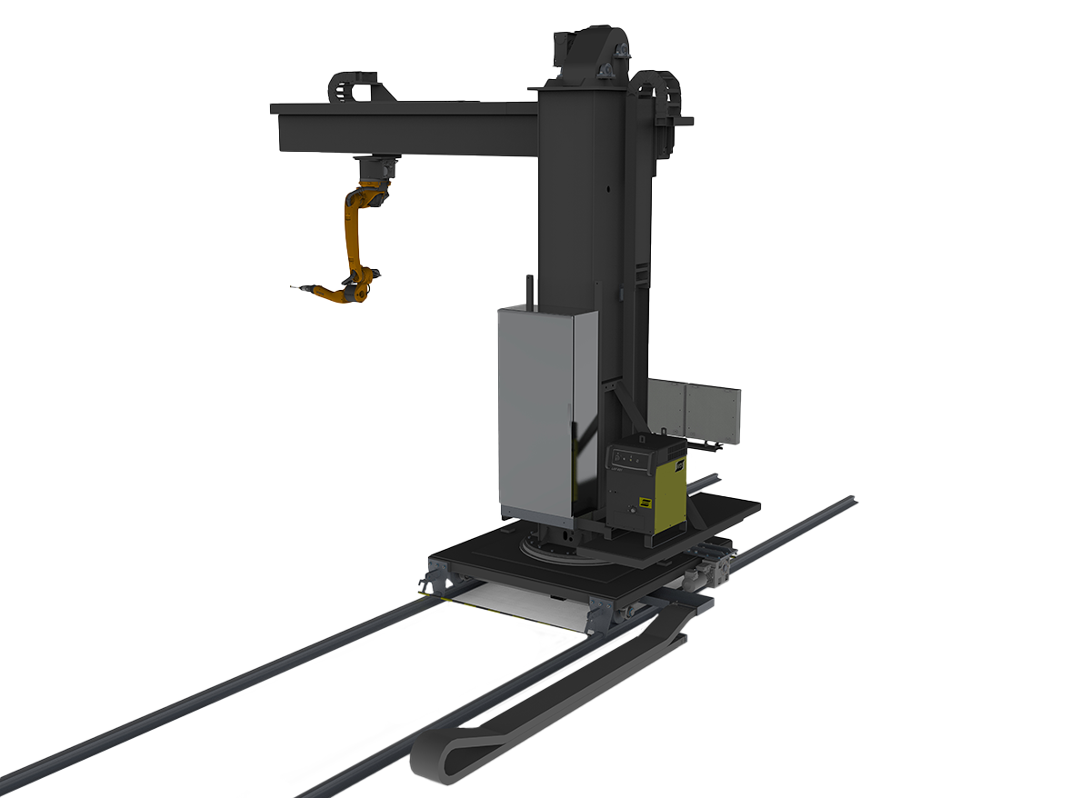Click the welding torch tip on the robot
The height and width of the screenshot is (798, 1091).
click(x=293, y=288)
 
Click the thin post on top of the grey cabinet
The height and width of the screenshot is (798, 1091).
click(x=526, y=289)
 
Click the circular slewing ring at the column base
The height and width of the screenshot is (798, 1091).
click(x=556, y=551)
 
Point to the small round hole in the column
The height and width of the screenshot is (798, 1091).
click(x=602, y=192)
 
